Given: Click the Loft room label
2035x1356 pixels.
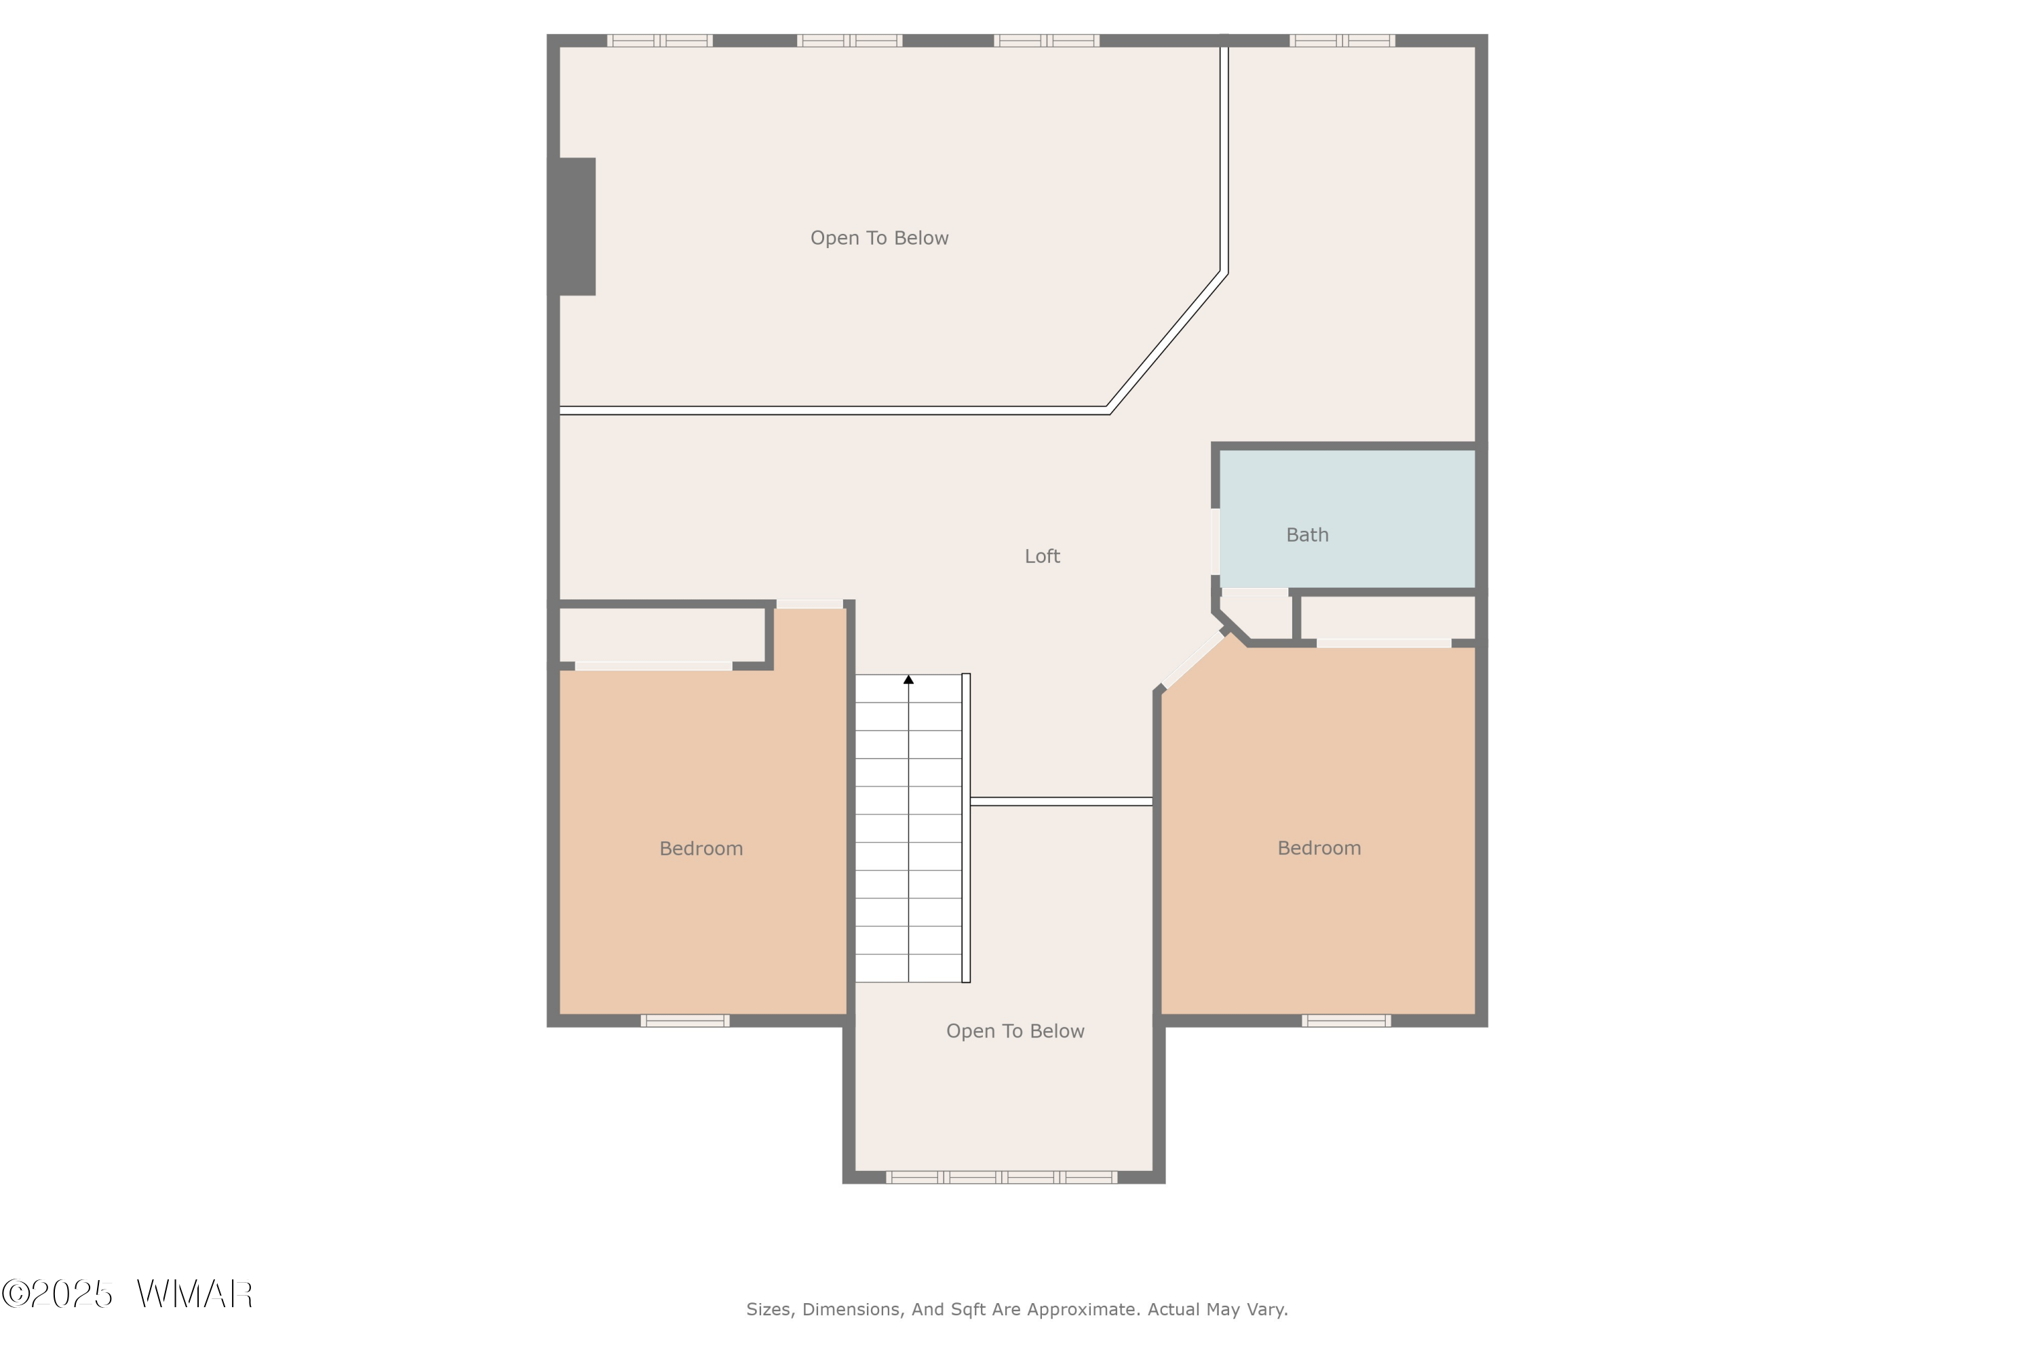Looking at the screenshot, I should click(x=1042, y=556).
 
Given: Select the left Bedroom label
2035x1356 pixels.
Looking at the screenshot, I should click(x=701, y=848).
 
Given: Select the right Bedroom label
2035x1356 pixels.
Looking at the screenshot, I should click(x=1319, y=848).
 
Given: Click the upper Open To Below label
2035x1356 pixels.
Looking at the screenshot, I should click(x=879, y=238).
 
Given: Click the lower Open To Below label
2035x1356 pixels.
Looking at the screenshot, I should click(x=1015, y=1031).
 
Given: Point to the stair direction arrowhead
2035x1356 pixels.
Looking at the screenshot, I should click(x=908, y=680).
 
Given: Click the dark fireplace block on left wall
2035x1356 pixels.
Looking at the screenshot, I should click(x=576, y=226).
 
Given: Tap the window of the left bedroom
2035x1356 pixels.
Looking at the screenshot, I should click(x=684, y=1020).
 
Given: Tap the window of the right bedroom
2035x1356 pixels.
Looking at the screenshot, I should click(x=1346, y=1020).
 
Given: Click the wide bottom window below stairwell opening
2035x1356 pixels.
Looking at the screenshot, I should click(x=1001, y=1177).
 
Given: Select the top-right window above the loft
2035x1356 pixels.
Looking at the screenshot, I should click(x=1341, y=41).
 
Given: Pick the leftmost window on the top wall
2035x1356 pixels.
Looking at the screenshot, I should click(x=659, y=41).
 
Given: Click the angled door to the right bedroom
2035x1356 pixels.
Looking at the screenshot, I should click(x=1193, y=660).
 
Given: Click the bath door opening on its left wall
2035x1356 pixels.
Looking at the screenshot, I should click(x=1215, y=541).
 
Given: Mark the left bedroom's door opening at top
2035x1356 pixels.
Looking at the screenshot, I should click(x=809, y=603).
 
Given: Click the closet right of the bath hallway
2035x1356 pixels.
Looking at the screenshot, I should click(x=1387, y=618).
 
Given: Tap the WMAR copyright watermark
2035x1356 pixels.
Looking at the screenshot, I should click(x=128, y=1294).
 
